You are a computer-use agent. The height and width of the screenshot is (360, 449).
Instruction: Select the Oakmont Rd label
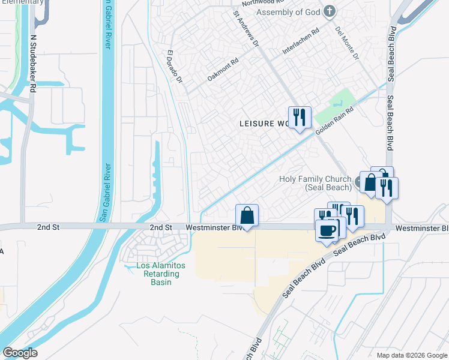(x=223, y=69)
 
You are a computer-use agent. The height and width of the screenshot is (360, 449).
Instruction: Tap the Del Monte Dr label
(x=347, y=43)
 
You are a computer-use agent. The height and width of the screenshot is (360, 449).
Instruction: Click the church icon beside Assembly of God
(x=328, y=11)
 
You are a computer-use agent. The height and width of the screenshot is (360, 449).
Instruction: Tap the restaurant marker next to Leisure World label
(x=298, y=116)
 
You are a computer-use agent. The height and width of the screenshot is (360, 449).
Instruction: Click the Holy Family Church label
(x=316, y=183)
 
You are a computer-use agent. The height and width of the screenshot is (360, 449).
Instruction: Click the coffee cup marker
(x=327, y=230)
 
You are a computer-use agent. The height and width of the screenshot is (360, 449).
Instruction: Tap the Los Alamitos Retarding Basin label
(x=152, y=274)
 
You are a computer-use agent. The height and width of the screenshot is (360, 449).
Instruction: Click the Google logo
(x=20, y=353)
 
